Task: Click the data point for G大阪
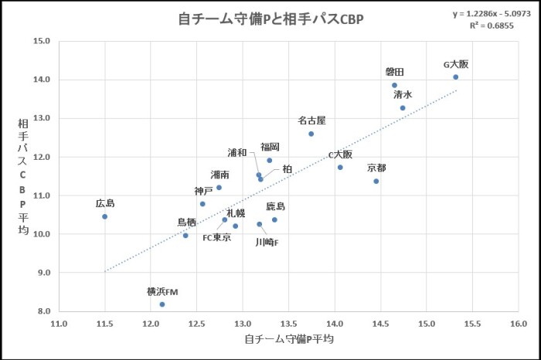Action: click(456, 76)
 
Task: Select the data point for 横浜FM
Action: click(162, 304)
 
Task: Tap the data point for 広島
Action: click(105, 216)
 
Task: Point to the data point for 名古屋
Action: click(311, 134)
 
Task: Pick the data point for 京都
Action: click(376, 182)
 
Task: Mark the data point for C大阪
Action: click(340, 167)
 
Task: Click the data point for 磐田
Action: click(395, 86)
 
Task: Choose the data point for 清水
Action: click(403, 108)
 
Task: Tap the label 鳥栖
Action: click(188, 222)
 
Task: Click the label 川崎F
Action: click(267, 242)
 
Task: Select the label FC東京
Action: click(217, 237)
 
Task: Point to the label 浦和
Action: click(237, 152)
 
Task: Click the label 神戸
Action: click(204, 191)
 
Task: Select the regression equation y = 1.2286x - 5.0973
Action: click(492, 14)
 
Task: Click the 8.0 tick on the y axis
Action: click(42, 311)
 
